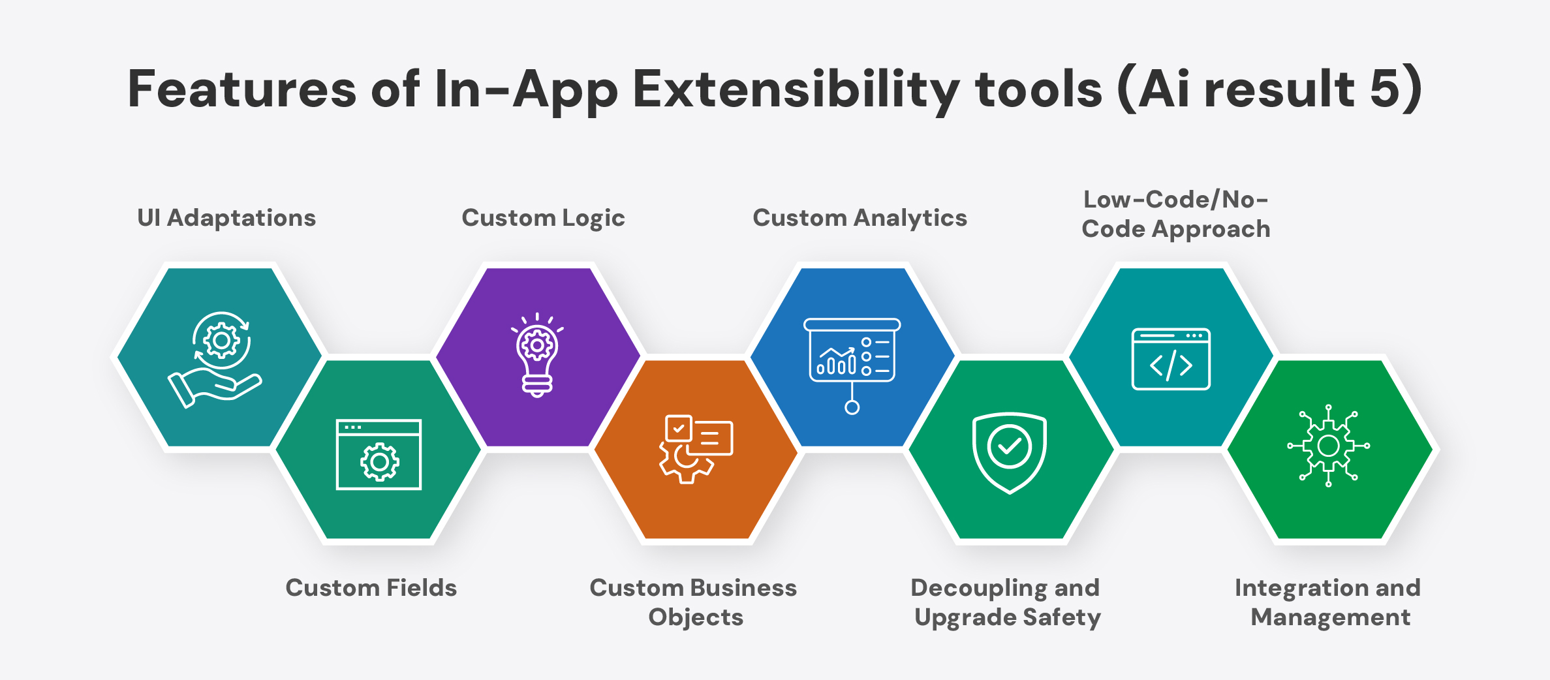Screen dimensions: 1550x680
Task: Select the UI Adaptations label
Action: point(226,218)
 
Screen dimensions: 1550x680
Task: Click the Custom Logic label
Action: point(543,219)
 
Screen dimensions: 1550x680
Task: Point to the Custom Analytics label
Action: point(860,219)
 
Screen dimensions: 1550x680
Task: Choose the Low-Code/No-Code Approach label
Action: point(1176,214)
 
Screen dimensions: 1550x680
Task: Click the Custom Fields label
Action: point(371,588)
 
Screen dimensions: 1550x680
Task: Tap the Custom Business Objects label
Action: point(693,602)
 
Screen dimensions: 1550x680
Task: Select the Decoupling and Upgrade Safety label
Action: point(1006,602)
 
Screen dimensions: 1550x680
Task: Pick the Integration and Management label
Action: point(1329,602)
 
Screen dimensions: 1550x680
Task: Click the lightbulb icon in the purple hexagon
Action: point(537,355)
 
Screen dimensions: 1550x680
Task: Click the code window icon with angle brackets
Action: point(1171,359)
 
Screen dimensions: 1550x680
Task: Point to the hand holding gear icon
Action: point(215,360)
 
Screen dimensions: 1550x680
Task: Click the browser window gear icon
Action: point(379,454)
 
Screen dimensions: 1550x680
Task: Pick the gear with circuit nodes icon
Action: point(1329,446)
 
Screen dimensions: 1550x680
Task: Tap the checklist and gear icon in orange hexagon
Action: point(696,449)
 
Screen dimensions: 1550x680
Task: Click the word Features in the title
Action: point(242,89)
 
